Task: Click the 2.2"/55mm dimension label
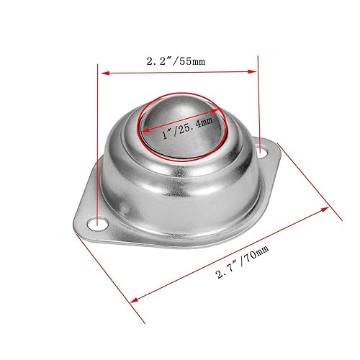(176, 61)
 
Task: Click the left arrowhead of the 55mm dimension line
(103, 72)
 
